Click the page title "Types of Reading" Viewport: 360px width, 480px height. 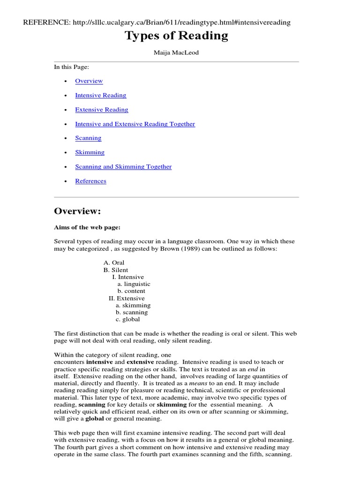pos(176,36)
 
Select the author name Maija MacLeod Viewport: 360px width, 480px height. pos(176,52)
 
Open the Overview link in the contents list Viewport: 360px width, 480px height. pos(89,81)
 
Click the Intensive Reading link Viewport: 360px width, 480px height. pos(100,95)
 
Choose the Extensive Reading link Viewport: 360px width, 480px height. pos(101,110)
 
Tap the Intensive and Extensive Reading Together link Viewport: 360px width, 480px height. pos(135,124)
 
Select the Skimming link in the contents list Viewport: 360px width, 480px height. pos(90,152)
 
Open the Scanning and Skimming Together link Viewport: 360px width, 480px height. pos(123,167)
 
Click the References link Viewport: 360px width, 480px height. pos(90,181)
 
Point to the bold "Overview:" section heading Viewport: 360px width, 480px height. pos(77,211)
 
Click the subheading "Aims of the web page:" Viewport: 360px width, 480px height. pos(87,227)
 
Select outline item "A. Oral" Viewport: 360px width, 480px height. pos(114,263)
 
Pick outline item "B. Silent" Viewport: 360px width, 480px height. pos(116,270)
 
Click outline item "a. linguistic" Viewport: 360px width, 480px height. pos(134,284)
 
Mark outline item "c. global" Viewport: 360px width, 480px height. pos(127,320)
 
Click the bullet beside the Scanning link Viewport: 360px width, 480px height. pos(65,138)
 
